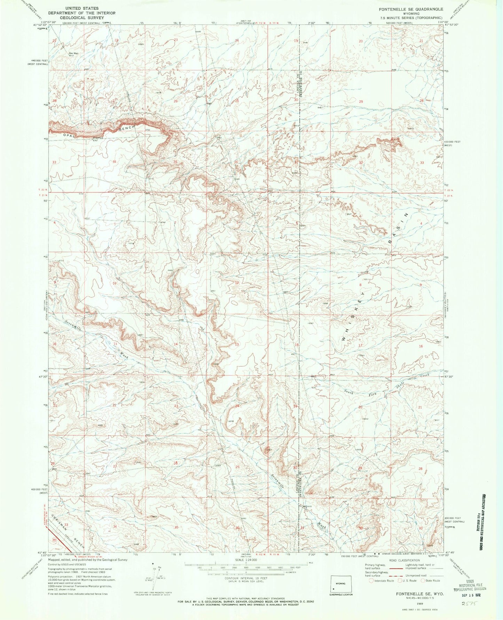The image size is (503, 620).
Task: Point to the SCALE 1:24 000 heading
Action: click(251, 560)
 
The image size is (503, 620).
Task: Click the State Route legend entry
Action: click(432, 580)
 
